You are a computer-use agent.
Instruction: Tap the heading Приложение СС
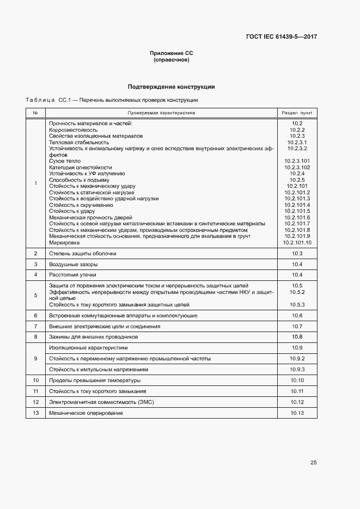pos(172,53)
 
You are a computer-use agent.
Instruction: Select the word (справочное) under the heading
pos(172,60)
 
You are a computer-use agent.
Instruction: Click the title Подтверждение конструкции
pos(171,87)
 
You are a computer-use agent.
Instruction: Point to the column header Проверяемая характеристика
pos(161,113)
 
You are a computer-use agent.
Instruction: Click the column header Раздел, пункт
pos(297,113)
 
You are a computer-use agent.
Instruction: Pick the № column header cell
pos(35,113)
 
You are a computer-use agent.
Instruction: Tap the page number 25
pos(313,463)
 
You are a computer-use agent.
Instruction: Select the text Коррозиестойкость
pos(73,130)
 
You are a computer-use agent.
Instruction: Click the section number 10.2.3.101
pos(297,161)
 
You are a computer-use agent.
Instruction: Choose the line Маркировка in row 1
pos(64,242)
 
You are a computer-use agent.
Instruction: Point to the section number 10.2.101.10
pos(297,242)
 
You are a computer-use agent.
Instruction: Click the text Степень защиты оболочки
pos(82,254)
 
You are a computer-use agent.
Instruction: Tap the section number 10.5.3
pos(297,305)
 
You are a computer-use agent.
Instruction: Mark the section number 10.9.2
pos(297,359)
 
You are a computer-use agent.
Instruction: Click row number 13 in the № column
pos(35,413)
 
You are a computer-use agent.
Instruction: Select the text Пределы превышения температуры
pos(94,380)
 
